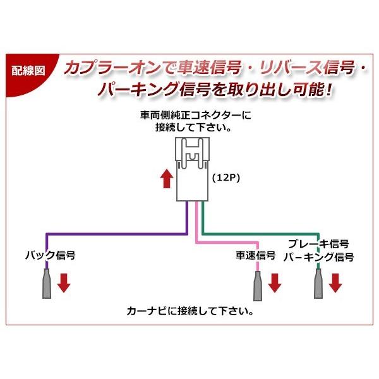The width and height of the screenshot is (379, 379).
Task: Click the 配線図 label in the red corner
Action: point(29,70)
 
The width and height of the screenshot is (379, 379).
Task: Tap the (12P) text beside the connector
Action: point(226,179)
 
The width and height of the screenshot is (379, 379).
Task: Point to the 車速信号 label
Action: point(255,256)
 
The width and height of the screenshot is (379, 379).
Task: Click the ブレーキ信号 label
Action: point(318,244)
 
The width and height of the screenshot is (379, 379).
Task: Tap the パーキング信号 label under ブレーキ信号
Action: point(318,258)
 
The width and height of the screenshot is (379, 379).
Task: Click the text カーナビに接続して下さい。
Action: point(189,311)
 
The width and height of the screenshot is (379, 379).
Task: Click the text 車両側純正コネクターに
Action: point(195,116)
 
